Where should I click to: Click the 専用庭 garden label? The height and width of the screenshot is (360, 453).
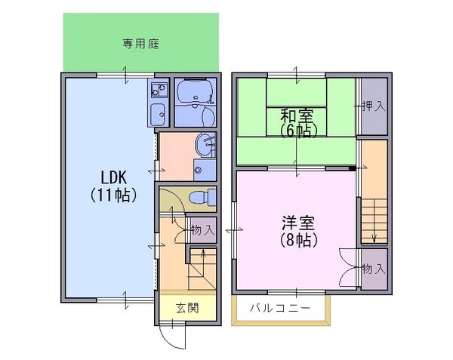pos(141,44)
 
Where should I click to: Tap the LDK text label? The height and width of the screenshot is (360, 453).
pos(113,177)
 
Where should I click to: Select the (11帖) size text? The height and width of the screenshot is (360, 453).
pos(113,195)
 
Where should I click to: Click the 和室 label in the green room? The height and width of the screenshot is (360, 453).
pos(297,115)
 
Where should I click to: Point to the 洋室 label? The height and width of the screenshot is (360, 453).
pos(298,223)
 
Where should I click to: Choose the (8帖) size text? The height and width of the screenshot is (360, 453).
pos(299,239)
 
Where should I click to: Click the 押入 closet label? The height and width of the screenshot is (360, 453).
pos(374,106)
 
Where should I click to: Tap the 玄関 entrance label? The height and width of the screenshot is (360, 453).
pos(188,308)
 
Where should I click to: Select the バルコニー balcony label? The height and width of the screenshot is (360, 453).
pos(280,308)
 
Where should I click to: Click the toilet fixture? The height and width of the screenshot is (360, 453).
pos(202,198)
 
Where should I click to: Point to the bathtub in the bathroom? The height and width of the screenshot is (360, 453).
pos(195,91)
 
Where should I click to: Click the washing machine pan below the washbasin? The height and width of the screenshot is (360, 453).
pos(205,170)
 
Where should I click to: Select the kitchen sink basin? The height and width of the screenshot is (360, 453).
pos(158,114)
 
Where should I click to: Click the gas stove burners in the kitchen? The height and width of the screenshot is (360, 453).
pos(159,90)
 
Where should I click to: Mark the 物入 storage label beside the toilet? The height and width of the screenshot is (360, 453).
pos(203,230)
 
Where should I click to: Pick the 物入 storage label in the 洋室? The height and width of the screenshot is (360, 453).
pos(374,269)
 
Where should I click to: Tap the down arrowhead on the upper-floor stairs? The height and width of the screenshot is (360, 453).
pos(374,239)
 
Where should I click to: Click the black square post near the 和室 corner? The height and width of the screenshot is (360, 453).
pos(352,168)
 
